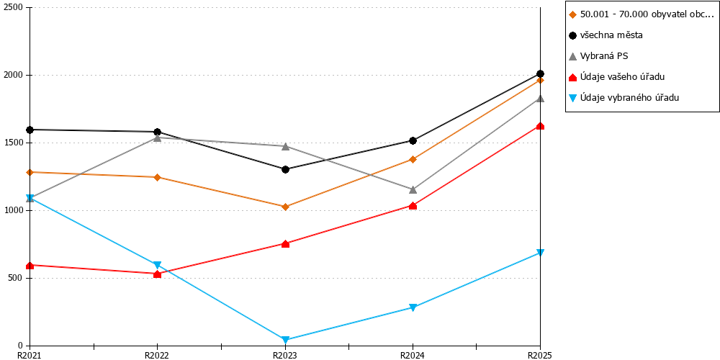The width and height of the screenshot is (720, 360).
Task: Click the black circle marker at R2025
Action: tap(540, 74)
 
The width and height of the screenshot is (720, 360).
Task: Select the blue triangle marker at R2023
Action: tap(285, 340)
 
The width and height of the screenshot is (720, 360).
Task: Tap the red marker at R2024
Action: tap(413, 206)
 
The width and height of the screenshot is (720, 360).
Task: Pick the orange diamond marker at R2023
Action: tap(285, 207)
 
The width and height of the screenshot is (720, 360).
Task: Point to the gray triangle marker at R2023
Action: tap(285, 146)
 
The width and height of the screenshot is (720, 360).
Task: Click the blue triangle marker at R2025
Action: tap(540, 253)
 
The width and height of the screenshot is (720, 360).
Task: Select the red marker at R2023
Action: tap(285, 244)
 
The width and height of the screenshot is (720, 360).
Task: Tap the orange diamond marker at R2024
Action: tap(413, 159)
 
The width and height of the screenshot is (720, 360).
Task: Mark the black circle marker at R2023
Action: tap(285, 169)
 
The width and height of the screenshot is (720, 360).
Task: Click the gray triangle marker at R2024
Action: tap(413, 189)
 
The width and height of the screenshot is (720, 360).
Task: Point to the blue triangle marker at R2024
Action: tap(413, 307)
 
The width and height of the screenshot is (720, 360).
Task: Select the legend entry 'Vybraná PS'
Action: tap(598, 56)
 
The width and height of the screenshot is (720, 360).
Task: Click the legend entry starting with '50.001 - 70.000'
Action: tap(642, 14)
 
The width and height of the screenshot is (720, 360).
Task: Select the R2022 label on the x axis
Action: tap(158, 355)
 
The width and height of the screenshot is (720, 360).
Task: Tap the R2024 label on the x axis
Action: tap(413, 355)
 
